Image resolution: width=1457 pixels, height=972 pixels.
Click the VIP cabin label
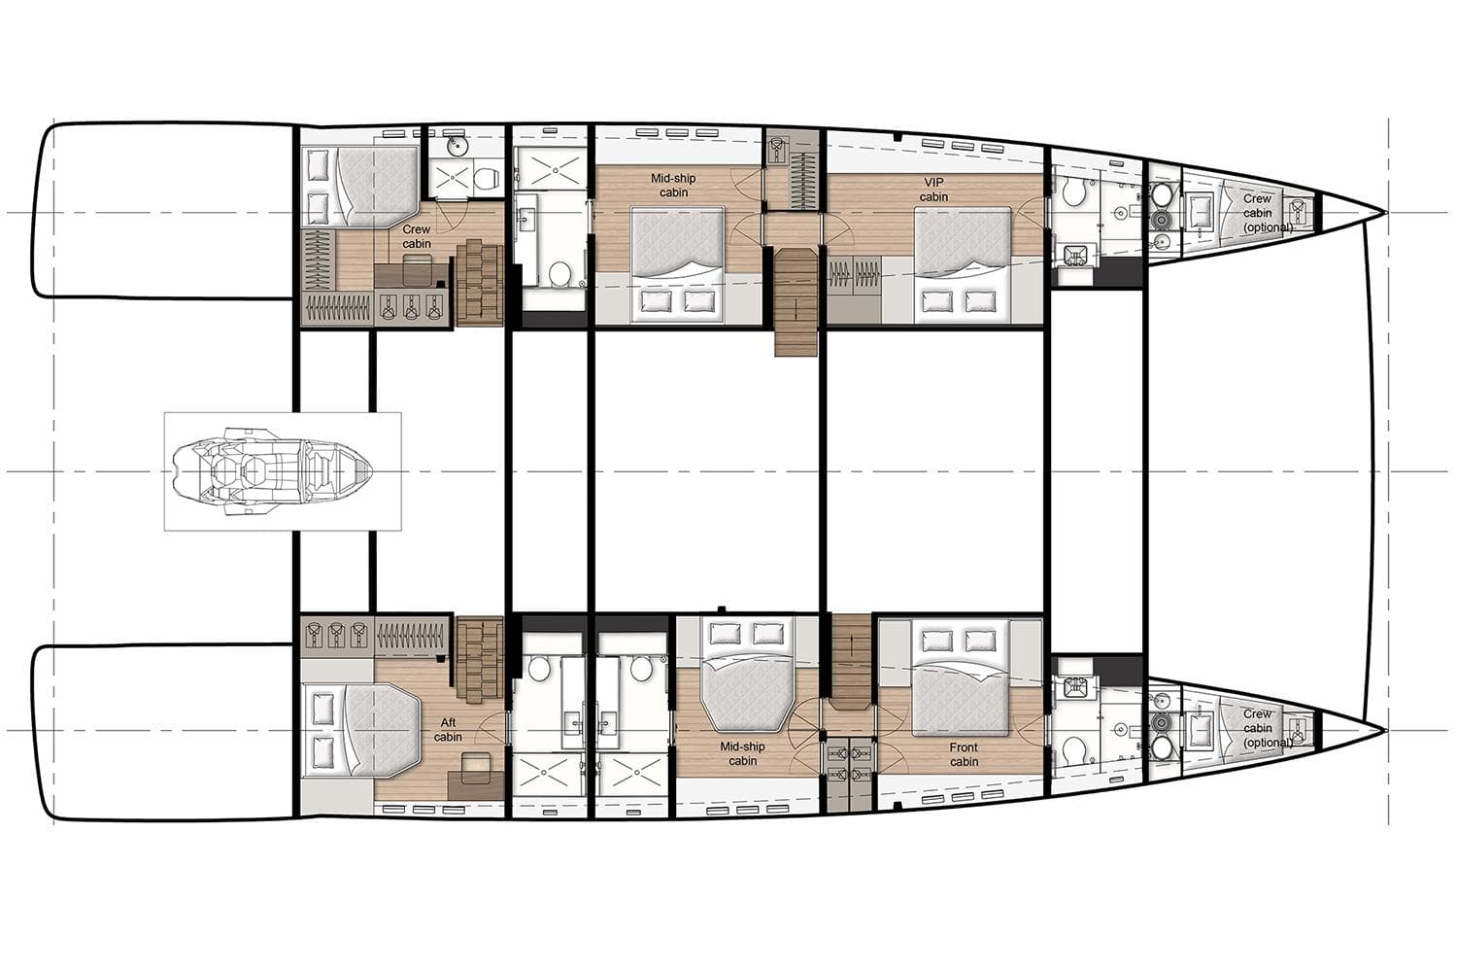[933, 190]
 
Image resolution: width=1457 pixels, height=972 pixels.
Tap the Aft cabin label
[448, 730]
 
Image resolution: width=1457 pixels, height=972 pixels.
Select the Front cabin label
[964, 754]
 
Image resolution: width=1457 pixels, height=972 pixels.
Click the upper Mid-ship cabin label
[673, 186]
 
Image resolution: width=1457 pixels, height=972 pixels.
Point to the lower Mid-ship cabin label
[742, 754]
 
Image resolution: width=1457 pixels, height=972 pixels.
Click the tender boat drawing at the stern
[272, 471]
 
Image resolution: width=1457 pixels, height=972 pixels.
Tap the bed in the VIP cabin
[962, 265]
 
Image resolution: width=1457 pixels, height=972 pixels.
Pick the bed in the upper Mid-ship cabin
[678, 265]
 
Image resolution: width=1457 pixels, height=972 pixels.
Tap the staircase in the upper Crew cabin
[480, 283]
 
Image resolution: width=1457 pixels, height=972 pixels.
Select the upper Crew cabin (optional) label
[1266, 213]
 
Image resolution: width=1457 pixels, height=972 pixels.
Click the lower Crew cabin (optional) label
[1266, 729]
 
